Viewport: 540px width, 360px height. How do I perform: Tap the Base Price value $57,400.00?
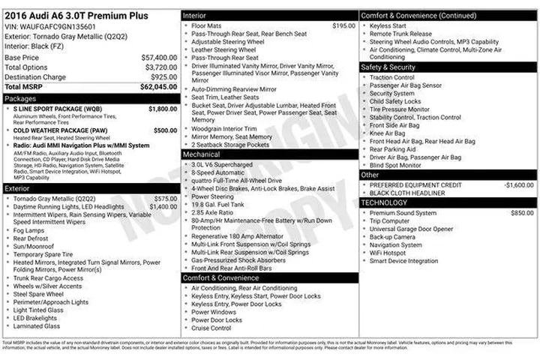pyautogui.click(x=159, y=57)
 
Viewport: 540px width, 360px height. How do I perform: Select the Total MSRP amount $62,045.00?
pyautogui.click(x=158, y=87)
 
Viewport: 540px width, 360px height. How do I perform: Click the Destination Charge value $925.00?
pyautogui.click(x=163, y=77)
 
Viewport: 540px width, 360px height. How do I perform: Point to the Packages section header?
pyautogui.click(x=21, y=98)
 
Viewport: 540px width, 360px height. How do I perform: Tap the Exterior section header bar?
pyautogui.click(x=90, y=188)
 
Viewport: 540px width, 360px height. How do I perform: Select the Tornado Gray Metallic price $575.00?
pyautogui.click(x=165, y=199)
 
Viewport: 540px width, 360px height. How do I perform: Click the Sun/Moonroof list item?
pyautogui.click(x=31, y=245)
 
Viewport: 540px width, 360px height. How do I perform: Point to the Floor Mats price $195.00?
pyautogui.click(x=343, y=25)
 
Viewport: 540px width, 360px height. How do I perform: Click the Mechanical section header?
pyautogui.click(x=202, y=154)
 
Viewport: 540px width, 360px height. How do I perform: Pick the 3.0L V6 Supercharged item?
pyautogui.click(x=222, y=164)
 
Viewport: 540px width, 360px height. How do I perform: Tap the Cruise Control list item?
pyautogui.click(x=211, y=328)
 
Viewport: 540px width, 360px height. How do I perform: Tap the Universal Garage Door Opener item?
pyautogui.click(x=411, y=229)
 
